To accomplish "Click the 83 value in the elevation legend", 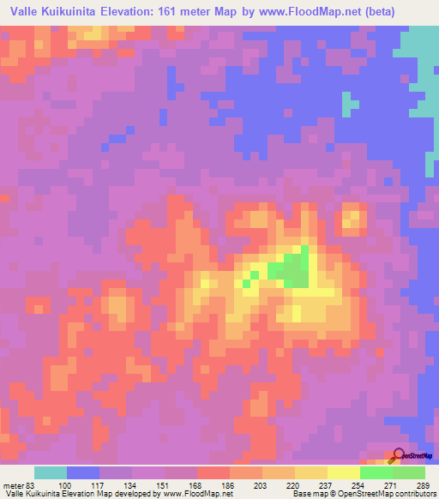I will pyautogui.click(x=29, y=485).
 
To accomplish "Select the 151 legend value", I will pyautogui.click(x=159, y=485).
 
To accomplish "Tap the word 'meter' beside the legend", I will pyautogui.click(x=12, y=485).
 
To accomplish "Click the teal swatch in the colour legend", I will pyautogui.click(x=51, y=472).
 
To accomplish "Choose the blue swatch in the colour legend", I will pyautogui.click(x=83, y=472).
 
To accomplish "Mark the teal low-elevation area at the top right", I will pyautogui.click(x=420, y=51).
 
